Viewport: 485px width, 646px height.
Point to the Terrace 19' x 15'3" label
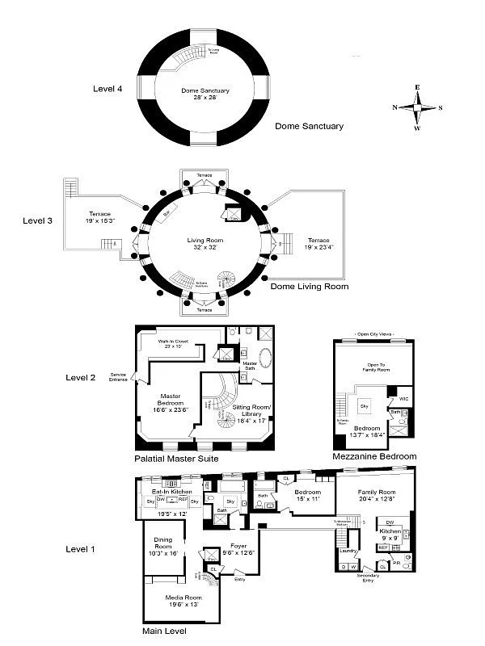coord(100,217)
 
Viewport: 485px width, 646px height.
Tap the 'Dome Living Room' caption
coord(309,287)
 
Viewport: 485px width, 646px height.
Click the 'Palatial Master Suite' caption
coord(176,459)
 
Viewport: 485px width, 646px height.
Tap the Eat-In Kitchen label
coord(172,492)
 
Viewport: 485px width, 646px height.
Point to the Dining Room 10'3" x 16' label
coord(164,547)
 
